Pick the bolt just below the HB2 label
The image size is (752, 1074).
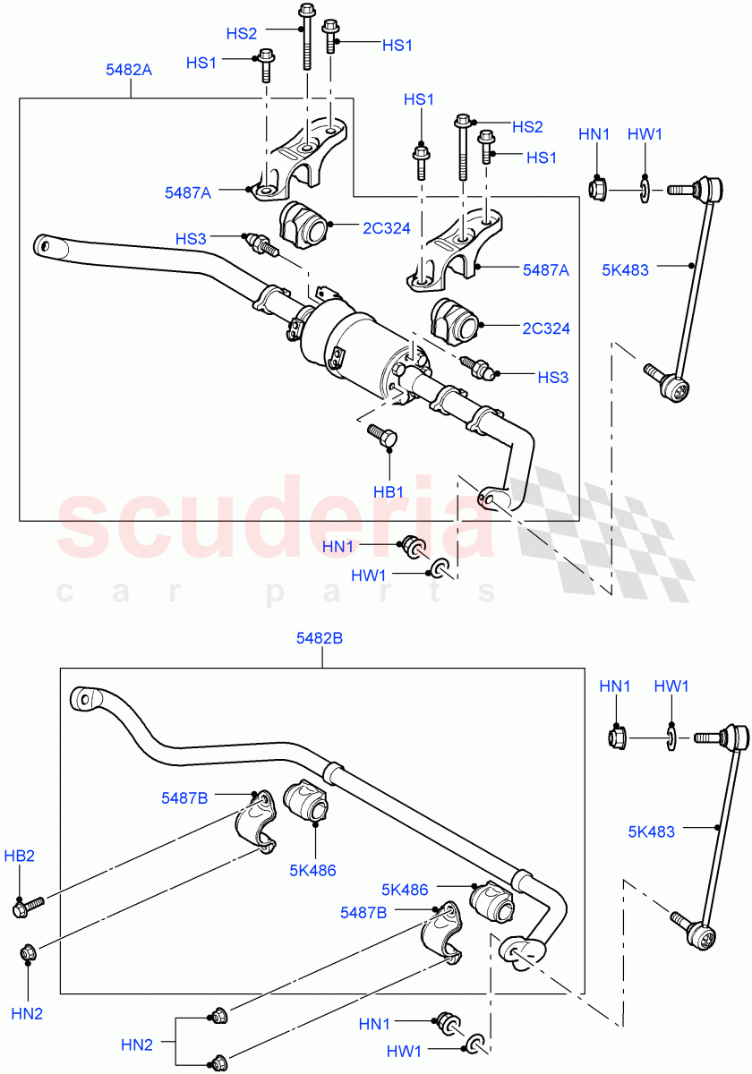tap(23, 908)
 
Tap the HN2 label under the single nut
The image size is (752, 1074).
tap(27, 1013)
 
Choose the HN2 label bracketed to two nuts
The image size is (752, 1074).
tap(137, 1044)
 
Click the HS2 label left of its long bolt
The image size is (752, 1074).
tap(241, 33)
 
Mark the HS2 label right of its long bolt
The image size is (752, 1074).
tap(528, 128)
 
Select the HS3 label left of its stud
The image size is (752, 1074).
tap(191, 239)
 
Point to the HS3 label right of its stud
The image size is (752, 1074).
tap(552, 378)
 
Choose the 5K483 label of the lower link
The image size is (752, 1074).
tap(652, 831)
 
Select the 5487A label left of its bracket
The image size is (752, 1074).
tap(188, 192)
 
